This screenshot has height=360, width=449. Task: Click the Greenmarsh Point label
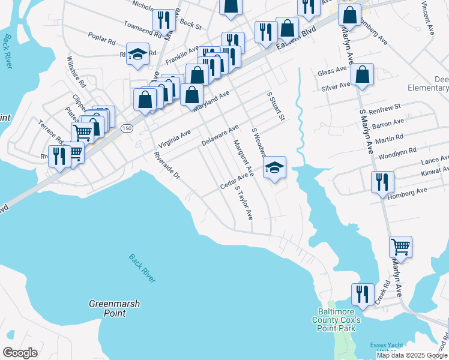click(x=114, y=308)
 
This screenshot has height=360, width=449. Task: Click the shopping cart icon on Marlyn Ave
click(x=400, y=247)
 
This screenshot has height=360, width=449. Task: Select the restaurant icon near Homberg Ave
click(x=382, y=182)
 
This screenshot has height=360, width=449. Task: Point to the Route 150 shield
click(x=127, y=128)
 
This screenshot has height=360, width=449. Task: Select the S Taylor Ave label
click(x=244, y=202)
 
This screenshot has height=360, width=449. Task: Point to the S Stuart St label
click(x=275, y=106)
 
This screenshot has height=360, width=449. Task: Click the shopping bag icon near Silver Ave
click(x=363, y=75)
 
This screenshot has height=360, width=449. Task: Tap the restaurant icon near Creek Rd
click(x=363, y=294)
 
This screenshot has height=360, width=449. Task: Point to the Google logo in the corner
click(x=20, y=352)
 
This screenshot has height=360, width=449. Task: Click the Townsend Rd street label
click(x=143, y=30)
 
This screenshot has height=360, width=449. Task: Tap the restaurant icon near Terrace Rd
click(x=59, y=157)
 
